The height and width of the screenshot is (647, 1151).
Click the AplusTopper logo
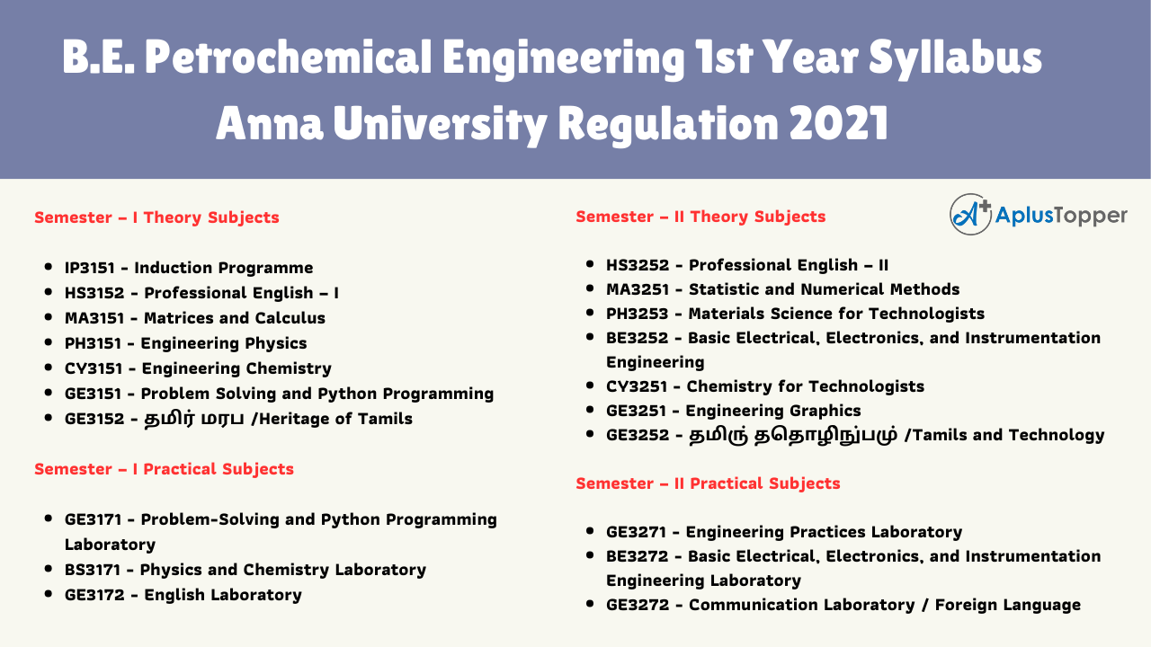click(x=1038, y=215)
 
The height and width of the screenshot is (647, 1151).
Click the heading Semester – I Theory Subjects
click(x=156, y=217)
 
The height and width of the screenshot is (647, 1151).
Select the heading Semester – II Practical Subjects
click(x=708, y=483)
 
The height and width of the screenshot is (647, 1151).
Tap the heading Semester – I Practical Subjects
click(x=164, y=469)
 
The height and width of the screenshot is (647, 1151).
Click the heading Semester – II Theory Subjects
click(x=700, y=217)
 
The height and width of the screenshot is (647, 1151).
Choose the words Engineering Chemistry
click(x=236, y=368)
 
